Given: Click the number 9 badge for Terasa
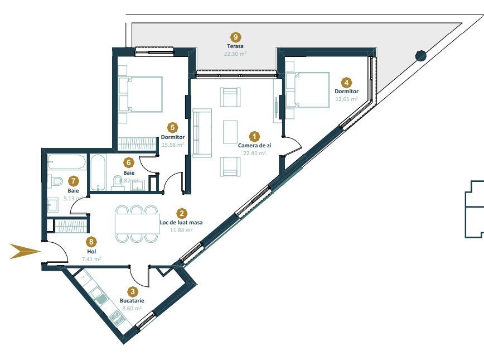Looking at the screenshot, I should point(235,37).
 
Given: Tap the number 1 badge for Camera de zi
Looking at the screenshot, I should point(254,136).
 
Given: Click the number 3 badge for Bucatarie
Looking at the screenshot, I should point(132,291).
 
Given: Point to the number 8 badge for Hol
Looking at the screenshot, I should point(91,242).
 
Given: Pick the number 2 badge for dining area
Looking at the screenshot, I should point(181,213).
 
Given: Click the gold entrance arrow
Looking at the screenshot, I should point(26,252).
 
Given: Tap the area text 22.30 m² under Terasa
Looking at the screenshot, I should point(235,54).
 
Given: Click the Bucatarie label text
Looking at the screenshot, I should point(132,300).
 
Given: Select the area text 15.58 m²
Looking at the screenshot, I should point(173,145).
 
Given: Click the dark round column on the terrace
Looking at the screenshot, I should point(421,55).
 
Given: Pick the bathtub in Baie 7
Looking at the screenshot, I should point(66,162).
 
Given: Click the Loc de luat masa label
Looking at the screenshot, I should point(181,222).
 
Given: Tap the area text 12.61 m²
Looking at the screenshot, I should point(346,99).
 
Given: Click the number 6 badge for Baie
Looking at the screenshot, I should point(129,162).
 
